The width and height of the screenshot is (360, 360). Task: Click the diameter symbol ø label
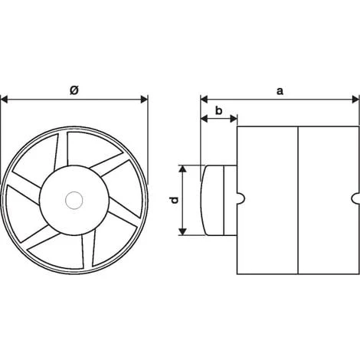(x=74, y=90)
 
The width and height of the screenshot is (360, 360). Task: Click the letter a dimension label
(x=280, y=91)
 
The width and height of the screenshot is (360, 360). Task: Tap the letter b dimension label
(x=219, y=111)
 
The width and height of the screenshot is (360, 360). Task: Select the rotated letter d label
(x=175, y=200)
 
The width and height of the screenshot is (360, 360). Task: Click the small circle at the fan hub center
(x=74, y=201)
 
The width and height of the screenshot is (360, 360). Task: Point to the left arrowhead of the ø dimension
(x=5, y=100)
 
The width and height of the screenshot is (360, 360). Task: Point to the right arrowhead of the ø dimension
(x=144, y=100)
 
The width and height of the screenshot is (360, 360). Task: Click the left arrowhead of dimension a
(x=205, y=100)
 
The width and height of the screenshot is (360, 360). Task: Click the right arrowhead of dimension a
(x=355, y=100)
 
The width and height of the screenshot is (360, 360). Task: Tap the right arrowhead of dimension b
(x=234, y=119)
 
